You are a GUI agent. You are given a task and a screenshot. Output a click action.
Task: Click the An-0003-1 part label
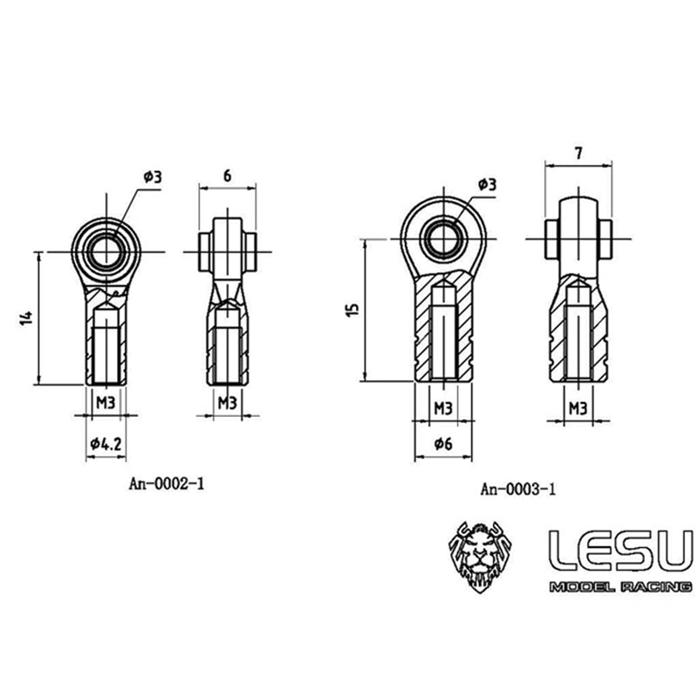[517, 489]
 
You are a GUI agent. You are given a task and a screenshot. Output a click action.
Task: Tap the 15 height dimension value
[350, 310]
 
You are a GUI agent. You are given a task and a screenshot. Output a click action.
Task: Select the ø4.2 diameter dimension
[105, 444]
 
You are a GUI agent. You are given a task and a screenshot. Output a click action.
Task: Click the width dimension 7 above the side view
[578, 152]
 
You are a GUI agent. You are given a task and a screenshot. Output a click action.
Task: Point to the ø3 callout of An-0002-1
[153, 175]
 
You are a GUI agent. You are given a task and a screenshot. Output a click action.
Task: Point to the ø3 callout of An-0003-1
[487, 183]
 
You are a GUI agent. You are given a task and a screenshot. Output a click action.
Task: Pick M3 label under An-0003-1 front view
[442, 407]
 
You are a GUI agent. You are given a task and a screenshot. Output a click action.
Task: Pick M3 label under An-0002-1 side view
[227, 402]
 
